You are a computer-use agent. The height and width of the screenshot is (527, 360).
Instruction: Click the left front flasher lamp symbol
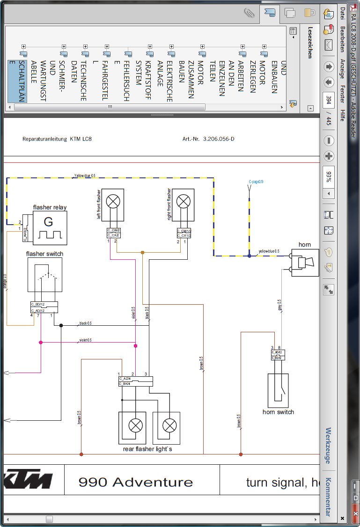pyautogui.click(x=113, y=202)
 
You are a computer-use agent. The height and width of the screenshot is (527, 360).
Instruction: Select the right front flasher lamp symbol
pyautogui.click(x=183, y=202)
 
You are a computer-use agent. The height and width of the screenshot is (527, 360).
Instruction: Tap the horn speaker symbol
pyautogui.click(x=305, y=263)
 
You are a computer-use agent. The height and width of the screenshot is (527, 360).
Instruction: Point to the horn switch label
pyautogui.click(x=278, y=412)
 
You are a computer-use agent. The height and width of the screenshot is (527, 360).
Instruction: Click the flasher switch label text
pyautogui.click(x=44, y=254)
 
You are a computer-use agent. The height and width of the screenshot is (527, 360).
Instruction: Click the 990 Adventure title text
pyautogui.click(x=136, y=482)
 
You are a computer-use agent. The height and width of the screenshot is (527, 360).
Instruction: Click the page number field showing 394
pyautogui.click(x=329, y=100)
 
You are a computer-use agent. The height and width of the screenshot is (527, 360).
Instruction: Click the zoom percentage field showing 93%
pyautogui.click(x=329, y=176)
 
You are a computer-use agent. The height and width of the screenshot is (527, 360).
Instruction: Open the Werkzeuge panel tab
pyautogui.click(x=328, y=445)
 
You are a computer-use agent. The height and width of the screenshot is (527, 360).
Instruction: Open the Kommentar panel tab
pyautogui.click(x=328, y=497)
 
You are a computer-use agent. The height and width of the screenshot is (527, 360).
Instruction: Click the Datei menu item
pyautogui.click(x=343, y=14)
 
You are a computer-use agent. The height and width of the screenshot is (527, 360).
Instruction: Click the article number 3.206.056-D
pyautogui.click(x=219, y=139)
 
